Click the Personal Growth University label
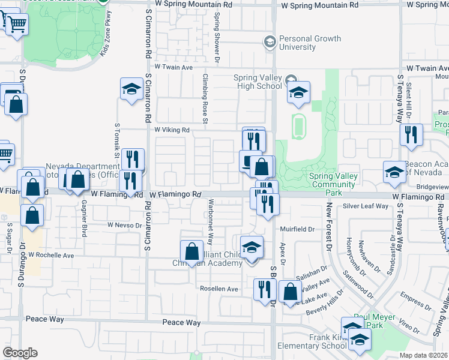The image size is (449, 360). [x=310, y=43]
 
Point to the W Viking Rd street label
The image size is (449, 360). [x=172, y=130]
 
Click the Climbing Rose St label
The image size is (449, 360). [x=205, y=100]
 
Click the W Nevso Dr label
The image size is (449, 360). [x=123, y=224]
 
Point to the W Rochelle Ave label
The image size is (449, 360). [x=55, y=255]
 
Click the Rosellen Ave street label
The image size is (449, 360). [x=219, y=289]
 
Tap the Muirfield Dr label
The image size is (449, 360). [x=297, y=229]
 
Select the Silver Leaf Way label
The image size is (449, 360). [x=366, y=206]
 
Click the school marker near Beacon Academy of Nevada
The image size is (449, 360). [x=395, y=172]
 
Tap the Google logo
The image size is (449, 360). [x=20, y=352]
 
